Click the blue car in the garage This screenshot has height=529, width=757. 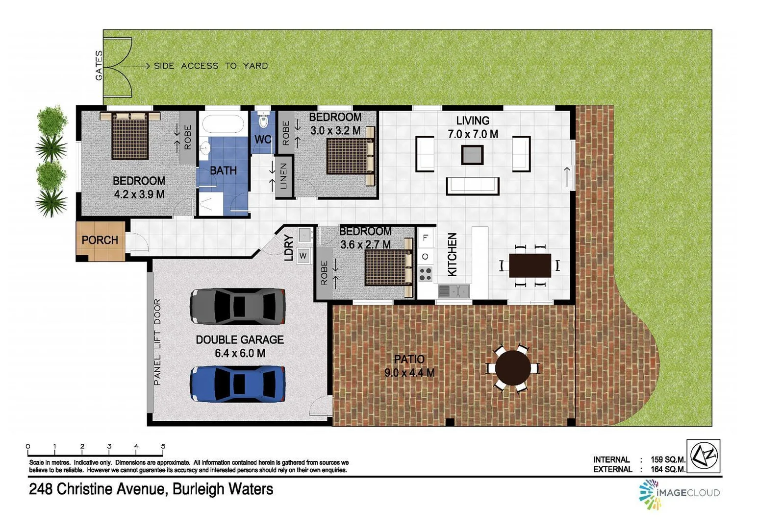tap(238, 384)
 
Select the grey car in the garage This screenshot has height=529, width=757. tap(238, 307)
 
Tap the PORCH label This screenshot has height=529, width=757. tap(100, 240)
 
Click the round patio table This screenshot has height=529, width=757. tap(513, 367)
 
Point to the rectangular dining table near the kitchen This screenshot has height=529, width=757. tap(530, 265)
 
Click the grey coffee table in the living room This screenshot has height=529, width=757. tap(472, 155)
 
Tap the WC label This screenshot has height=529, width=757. tap(263, 140)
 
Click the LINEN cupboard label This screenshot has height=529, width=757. tap(284, 176)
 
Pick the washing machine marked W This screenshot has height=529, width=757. tap(303, 255)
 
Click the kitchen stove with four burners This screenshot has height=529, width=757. tap(425, 274)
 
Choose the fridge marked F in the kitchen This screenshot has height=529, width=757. tap(425, 238)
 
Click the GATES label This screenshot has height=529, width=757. tap(99, 65)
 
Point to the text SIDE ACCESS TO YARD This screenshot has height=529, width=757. tap(211, 66)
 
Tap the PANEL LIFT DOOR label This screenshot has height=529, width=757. tap(157, 342)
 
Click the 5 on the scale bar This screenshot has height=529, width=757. tap(163, 446)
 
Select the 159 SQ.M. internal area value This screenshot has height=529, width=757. tap(668, 459)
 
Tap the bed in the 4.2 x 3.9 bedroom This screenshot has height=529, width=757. tap(130, 136)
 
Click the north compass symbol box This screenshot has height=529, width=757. tap(704, 456)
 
